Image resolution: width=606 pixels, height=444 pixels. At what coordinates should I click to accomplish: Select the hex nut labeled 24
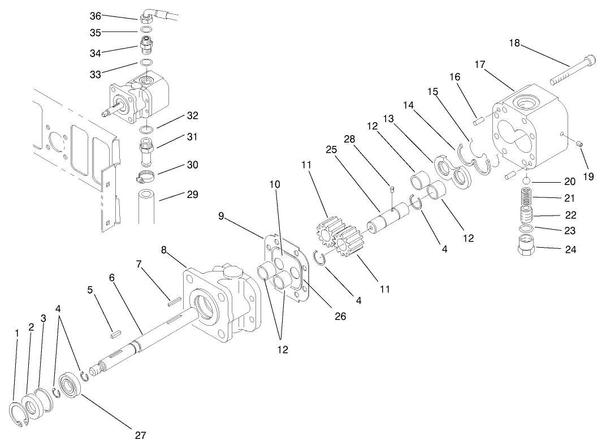click(x=527, y=244)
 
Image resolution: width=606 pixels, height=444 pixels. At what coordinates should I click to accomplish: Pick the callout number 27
click(x=140, y=435)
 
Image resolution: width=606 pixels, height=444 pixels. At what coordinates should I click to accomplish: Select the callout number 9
click(x=221, y=215)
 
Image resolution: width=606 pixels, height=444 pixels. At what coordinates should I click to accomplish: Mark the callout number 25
click(x=331, y=150)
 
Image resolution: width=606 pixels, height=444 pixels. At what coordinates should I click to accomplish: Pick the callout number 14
click(x=408, y=106)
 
